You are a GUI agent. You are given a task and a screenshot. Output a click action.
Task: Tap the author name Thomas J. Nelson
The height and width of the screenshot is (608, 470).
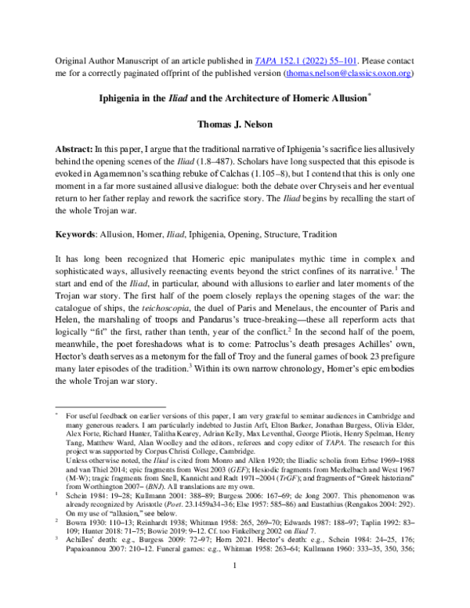pos(234,125)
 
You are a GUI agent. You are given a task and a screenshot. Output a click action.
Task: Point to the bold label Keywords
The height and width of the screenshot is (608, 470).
pos(76,234)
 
